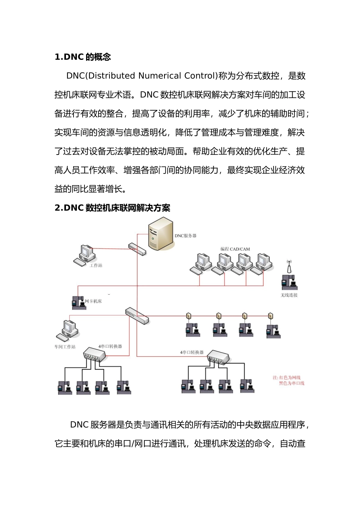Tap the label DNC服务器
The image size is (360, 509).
pyautogui.click(x=185, y=236)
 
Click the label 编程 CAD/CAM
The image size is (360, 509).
pyautogui.click(x=235, y=249)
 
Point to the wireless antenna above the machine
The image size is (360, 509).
pyautogui.click(x=289, y=267)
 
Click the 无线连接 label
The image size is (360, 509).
pyautogui.click(x=289, y=295)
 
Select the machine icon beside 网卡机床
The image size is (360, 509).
pyautogui.click(x=78, y=302)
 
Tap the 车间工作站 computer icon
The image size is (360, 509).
pyautogui.click(x=67, y=330)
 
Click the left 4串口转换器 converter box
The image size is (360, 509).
pyautogui.click(x=94, y=354)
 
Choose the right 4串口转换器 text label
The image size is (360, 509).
pyautogui.click(x=192, y=352)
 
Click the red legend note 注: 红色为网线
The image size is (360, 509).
pyautogui.click(x=286, y=378)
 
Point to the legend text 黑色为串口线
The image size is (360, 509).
pyautogui.click(x=291, y=383)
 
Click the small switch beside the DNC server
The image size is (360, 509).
pyautogui.click(x=137, y=249)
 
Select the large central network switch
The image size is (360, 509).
pyautogui.click(x=137, y=315)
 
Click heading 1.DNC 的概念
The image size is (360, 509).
pyautogui.click(x=83, y=57)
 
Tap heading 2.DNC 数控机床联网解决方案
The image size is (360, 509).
pyautogui.click(x=112, y=208)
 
